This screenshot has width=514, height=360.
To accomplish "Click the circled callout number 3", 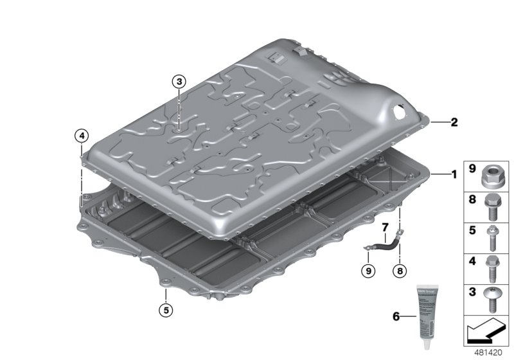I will [178, 81].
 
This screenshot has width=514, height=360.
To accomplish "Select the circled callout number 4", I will [82, 135].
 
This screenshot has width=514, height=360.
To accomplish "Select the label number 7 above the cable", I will [385, 227].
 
